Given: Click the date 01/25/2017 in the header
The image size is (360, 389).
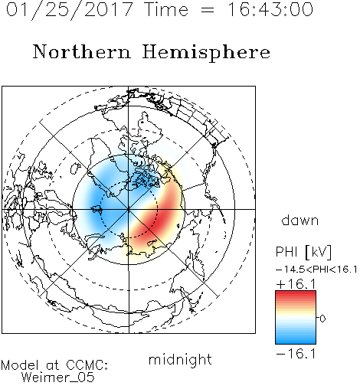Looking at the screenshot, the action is pos(70,10).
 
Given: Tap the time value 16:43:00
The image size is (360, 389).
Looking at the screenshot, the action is pos(270,9).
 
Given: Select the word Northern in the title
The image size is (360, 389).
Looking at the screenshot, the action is pos(82,51).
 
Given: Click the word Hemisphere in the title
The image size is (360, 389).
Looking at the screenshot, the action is pos(206,53).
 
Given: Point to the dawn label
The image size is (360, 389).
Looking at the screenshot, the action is pos(300,220).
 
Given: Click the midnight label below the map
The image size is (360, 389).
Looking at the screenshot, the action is pos(180,360).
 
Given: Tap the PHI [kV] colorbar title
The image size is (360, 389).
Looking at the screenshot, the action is pos(304,252).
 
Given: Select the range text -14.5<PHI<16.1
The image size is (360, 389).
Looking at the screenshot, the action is pos(316,270).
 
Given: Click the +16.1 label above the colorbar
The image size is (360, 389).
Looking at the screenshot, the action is pos(296,284).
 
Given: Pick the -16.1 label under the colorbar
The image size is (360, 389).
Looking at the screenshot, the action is pos(296,354).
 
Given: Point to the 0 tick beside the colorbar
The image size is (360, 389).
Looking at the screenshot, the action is pos(322,319).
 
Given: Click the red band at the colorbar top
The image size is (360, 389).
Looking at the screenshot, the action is pos(296,294).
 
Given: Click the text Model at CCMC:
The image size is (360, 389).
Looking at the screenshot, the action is pos(54,365).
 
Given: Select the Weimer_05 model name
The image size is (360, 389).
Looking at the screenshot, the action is pos(58,378).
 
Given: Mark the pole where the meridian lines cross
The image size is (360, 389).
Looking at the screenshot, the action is pos(129,209).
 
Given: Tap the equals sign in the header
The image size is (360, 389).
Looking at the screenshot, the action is pos(208,10).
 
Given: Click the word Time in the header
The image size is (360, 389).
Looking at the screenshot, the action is pos(166,9).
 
